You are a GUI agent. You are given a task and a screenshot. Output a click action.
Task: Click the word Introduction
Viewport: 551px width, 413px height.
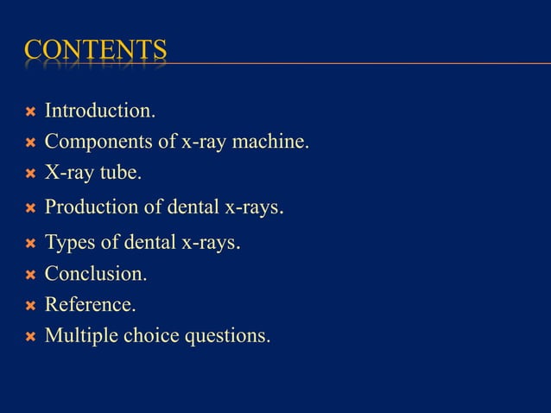coord(100,111)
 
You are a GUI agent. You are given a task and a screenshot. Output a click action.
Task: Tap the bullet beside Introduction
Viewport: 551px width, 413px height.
coord(30,112)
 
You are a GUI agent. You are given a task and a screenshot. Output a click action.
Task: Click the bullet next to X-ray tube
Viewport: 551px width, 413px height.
coord(30,175)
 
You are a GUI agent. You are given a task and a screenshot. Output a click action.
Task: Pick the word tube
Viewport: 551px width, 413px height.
coord(120,173)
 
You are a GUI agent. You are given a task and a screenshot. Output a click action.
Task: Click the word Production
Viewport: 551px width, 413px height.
coord(95,207)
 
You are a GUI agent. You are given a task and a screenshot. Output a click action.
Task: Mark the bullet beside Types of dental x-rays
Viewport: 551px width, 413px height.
coord(30,244)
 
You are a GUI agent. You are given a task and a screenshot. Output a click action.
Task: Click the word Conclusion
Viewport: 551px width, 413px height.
coord(96,274)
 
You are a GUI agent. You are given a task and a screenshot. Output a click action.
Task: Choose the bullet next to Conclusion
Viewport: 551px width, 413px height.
coord(30,276)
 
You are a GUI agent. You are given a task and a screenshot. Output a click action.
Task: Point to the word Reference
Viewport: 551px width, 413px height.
coord(90,304)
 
